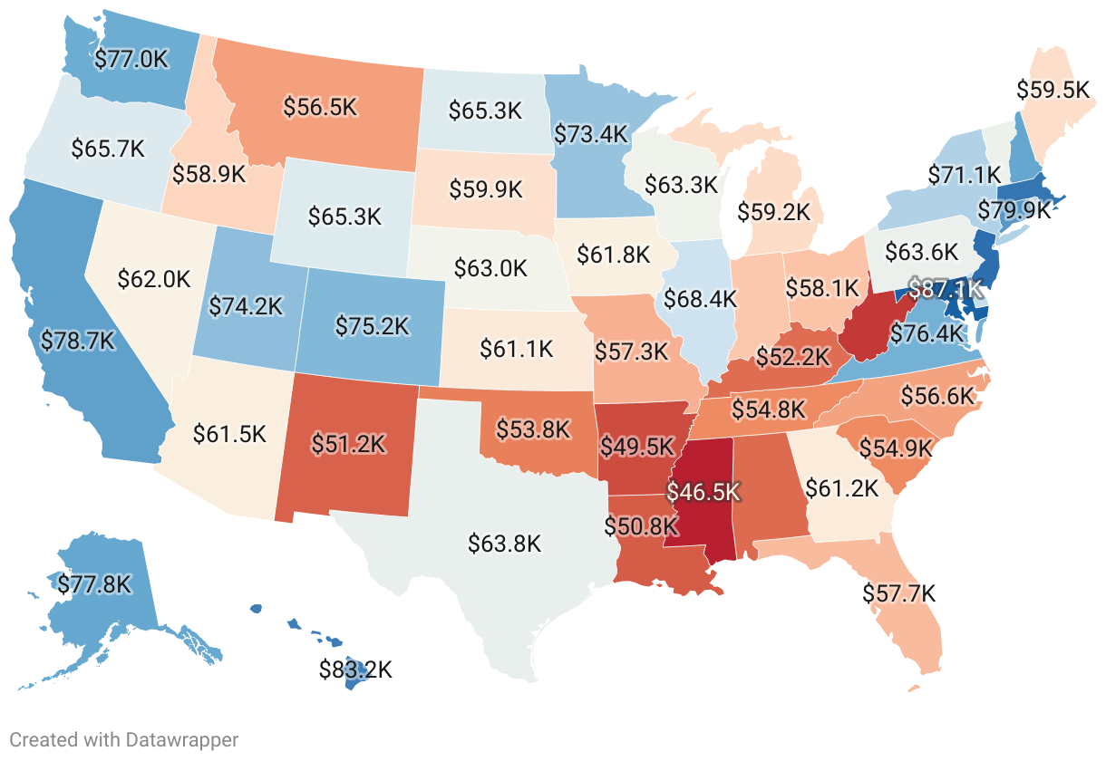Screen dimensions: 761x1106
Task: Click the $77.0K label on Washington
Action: (132, 60)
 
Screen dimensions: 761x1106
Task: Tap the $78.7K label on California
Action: (79, 340)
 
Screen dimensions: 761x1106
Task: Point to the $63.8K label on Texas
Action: (505, 544)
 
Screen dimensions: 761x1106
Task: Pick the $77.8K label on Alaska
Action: (94, 584)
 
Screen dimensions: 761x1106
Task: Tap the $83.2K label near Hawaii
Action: (355, 670)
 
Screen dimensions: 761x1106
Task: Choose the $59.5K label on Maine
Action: (1053, 90)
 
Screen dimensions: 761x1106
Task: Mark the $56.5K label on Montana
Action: (320, 106)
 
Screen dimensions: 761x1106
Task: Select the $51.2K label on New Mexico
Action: (348, 443)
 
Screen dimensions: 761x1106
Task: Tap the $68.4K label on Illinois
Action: (700, 297)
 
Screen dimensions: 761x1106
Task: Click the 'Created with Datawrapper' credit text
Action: (124, 740)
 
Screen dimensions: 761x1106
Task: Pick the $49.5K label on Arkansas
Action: (637, 447)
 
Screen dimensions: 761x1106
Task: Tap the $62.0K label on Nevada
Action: (154, 279)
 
